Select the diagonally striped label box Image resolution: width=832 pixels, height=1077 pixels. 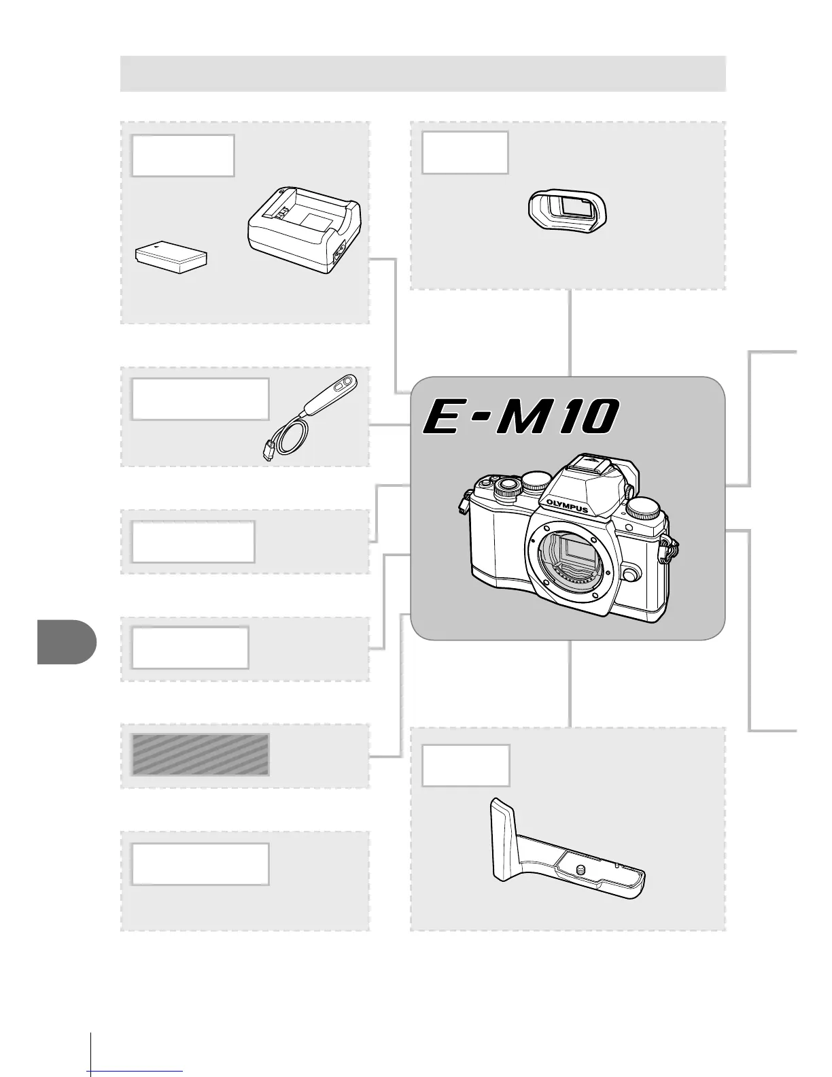201,755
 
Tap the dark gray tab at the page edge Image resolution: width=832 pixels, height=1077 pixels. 66,641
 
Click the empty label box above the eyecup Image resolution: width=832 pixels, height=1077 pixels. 465,153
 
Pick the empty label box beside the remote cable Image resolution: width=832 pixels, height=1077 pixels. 200,399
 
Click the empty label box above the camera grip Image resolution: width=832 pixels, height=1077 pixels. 466,766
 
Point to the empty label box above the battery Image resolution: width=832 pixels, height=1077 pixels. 184,156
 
